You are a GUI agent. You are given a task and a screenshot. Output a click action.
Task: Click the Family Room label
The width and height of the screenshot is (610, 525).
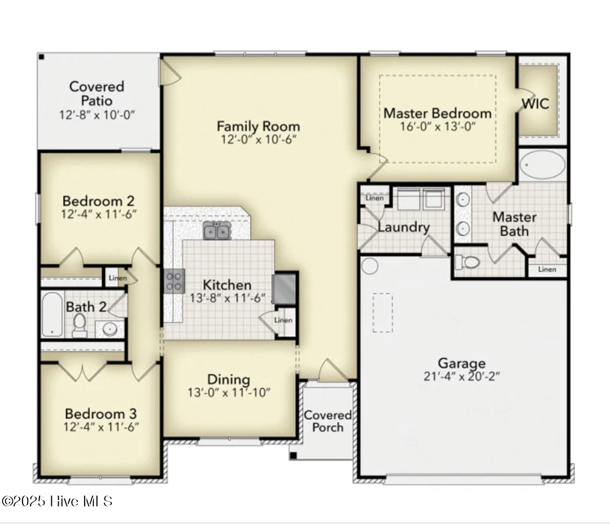[x=258, y=126]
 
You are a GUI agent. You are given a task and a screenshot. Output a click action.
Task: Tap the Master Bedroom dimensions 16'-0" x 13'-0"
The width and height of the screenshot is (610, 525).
[x=438, y=125]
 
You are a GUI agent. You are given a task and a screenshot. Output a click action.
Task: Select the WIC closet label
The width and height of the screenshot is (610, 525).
[x=534, y=104]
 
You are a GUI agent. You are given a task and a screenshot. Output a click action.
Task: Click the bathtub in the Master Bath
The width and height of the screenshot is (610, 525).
[x=542, y=166]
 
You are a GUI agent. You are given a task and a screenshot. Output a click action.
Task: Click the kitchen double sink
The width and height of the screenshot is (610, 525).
[x=216, y=231]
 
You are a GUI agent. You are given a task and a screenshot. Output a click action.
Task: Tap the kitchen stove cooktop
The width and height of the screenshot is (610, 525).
[x=174, y=281]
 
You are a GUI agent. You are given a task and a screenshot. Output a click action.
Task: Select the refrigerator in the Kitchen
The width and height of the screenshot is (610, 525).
[x=285, y=288]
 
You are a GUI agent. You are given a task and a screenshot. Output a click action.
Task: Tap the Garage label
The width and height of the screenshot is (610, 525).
[x=461, y=363]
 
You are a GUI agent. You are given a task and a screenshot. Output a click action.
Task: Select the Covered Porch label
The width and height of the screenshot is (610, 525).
[x=328, y=421]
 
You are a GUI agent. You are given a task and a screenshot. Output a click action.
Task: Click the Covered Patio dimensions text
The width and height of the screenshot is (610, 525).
[x=97, y=115]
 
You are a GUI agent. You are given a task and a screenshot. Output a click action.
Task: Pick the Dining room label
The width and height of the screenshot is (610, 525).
[x=229, y=380]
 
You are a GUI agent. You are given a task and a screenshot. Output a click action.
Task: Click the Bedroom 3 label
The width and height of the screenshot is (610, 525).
[x=101, y=414]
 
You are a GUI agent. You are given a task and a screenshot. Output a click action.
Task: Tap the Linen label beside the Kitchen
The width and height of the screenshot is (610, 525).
[x=283, y=320]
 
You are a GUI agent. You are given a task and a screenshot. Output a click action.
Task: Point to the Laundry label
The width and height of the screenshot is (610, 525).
[x=403, y=228]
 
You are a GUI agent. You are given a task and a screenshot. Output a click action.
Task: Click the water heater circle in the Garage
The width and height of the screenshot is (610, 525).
[x=369, y=265]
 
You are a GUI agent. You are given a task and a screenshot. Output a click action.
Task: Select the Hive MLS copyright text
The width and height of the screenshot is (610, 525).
[x=57, y=501]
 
